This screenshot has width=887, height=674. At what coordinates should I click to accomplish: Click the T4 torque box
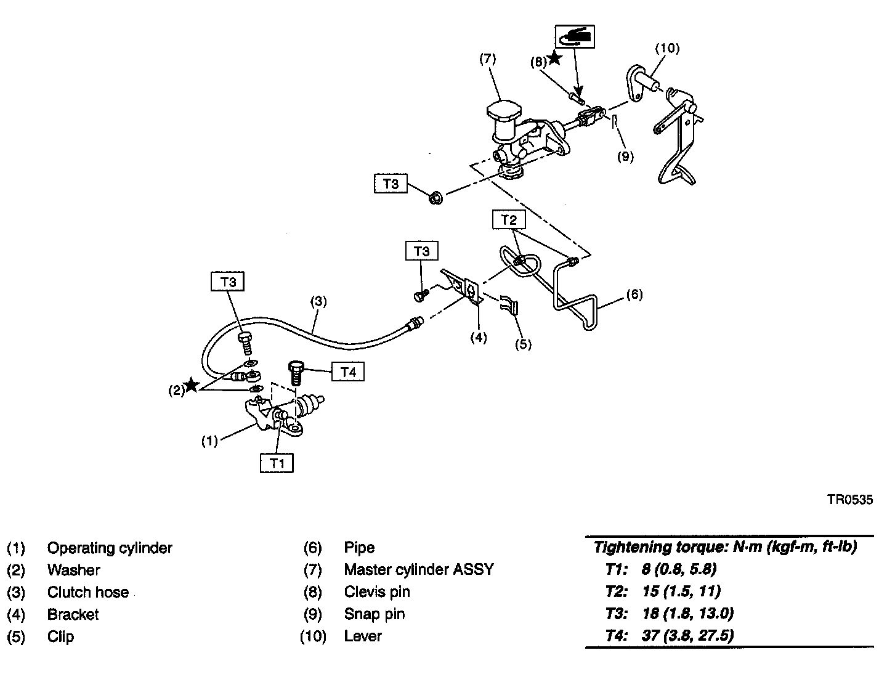coord(347,372)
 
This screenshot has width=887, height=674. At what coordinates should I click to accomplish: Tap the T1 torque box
coord(277,463)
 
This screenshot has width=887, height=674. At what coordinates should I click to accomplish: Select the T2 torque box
coord(508,219)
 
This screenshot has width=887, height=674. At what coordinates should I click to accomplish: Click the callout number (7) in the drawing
coord(487,59)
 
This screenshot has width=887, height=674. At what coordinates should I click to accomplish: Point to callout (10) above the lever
coord(666,47)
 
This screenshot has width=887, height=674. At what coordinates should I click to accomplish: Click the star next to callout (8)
coord(554,58)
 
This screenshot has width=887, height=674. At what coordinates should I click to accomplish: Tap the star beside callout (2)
coord(192,386)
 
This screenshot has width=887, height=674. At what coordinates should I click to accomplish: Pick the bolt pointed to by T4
coord(295,372)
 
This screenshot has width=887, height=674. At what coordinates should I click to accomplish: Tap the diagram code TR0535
coord(850,500)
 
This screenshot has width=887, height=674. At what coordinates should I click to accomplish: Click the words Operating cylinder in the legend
coord(110,548)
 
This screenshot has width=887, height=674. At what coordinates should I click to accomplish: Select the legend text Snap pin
coord(375,614)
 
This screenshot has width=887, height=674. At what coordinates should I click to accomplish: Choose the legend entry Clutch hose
coord(88,592)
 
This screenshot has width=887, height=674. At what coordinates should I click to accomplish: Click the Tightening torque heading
coord(725,546)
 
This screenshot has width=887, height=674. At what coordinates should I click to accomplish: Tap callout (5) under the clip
coord(522,344)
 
